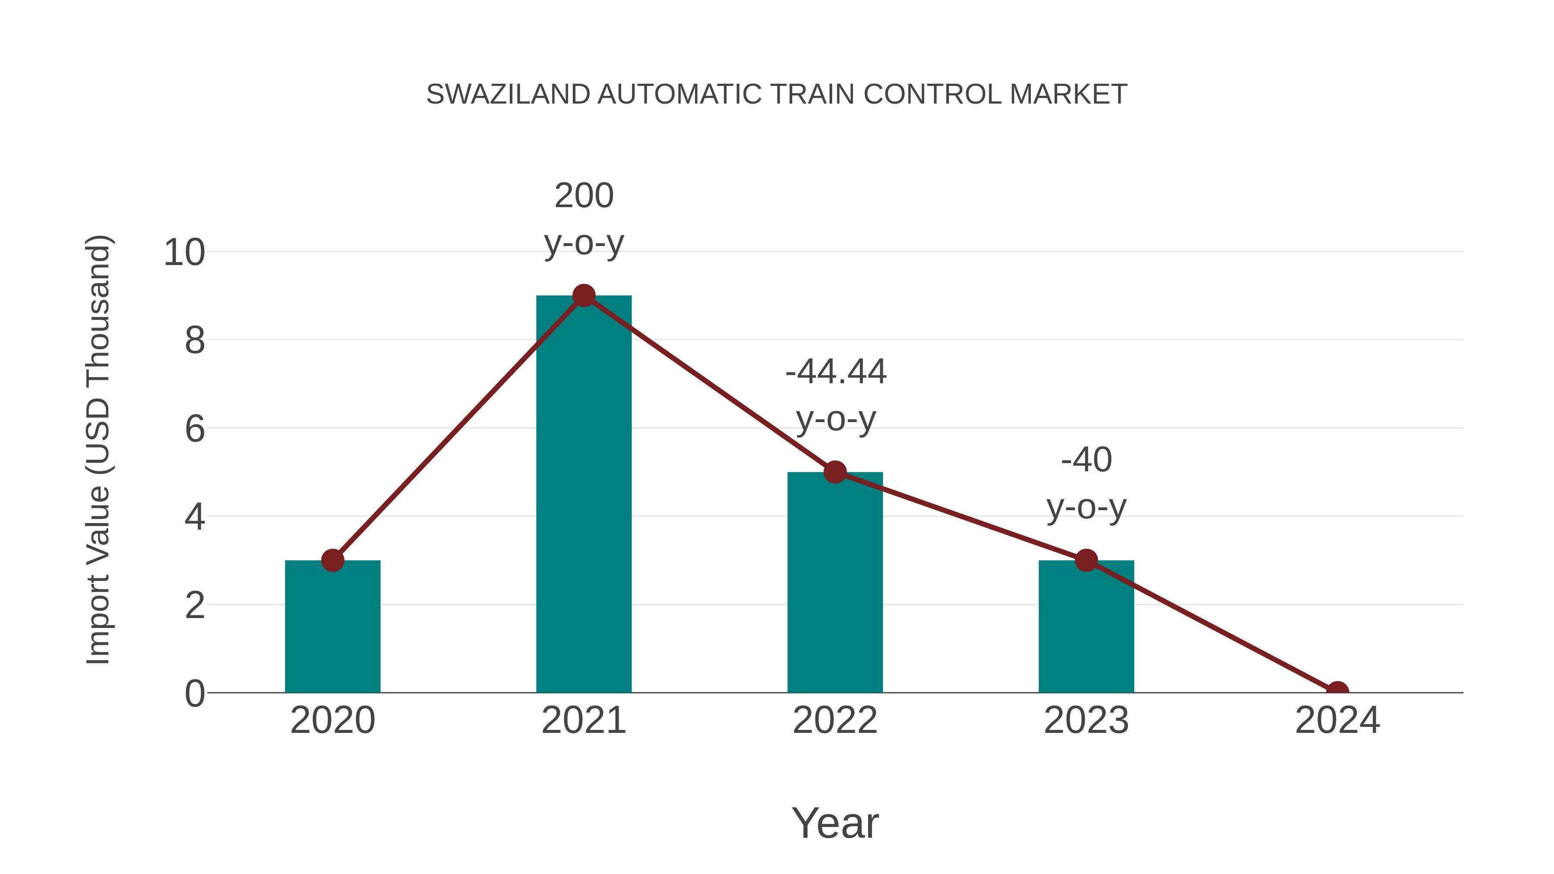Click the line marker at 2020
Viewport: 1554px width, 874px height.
pyautogui.click(x=332, y=560)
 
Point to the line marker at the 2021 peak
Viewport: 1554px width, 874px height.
pyautogui.click(x=583, y=296)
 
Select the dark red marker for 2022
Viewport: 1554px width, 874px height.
pyautogui.click(x=835, y=472)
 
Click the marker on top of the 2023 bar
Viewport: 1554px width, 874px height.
pyautogui.click(x=1086, y=560)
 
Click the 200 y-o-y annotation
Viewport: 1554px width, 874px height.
pyautogui.click(x=583, y=220)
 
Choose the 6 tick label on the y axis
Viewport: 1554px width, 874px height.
pyautogui.click(x=194, y=429)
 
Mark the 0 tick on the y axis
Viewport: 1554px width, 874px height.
pyautogui.click(x=194, y=694)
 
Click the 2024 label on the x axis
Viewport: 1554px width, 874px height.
pyautogui.click(x=1337, y=720)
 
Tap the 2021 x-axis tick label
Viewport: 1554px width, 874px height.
pyautogui.click(x=583, y=720)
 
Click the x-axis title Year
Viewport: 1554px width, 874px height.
pyautogui.click(x=835, y=823)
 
